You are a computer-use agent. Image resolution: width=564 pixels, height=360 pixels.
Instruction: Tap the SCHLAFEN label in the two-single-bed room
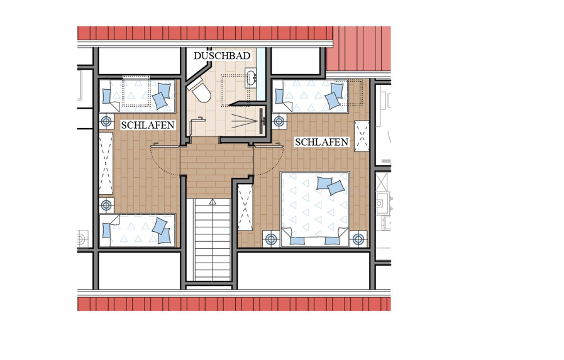(148, 125)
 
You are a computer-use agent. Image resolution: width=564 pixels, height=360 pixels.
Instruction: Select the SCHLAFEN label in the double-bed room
(321, 142)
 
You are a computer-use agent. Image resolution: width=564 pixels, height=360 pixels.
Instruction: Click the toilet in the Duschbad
(199, 91)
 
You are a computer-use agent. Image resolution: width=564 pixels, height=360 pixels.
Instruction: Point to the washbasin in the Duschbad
(251, 77)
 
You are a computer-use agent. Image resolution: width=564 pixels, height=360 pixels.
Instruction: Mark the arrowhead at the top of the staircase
(213, 202)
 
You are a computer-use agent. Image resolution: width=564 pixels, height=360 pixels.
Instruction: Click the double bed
(315, 209)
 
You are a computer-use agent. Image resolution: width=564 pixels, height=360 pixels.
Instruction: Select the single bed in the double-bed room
(310, 95)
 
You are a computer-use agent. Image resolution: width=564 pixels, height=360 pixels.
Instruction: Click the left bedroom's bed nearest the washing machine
(137, 231)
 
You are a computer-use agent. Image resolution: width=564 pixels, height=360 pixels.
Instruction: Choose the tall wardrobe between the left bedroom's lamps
(106, 163)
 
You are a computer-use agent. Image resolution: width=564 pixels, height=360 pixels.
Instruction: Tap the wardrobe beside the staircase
(245, 207)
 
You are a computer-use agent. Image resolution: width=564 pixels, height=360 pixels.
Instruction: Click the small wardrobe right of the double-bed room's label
(362, 136)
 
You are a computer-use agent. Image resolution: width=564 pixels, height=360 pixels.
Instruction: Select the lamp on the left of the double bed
(271, 239)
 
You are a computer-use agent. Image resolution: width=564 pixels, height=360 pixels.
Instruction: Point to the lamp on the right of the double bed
(358, 239)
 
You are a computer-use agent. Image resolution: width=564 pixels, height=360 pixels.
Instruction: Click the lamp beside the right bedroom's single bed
(279, 121)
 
